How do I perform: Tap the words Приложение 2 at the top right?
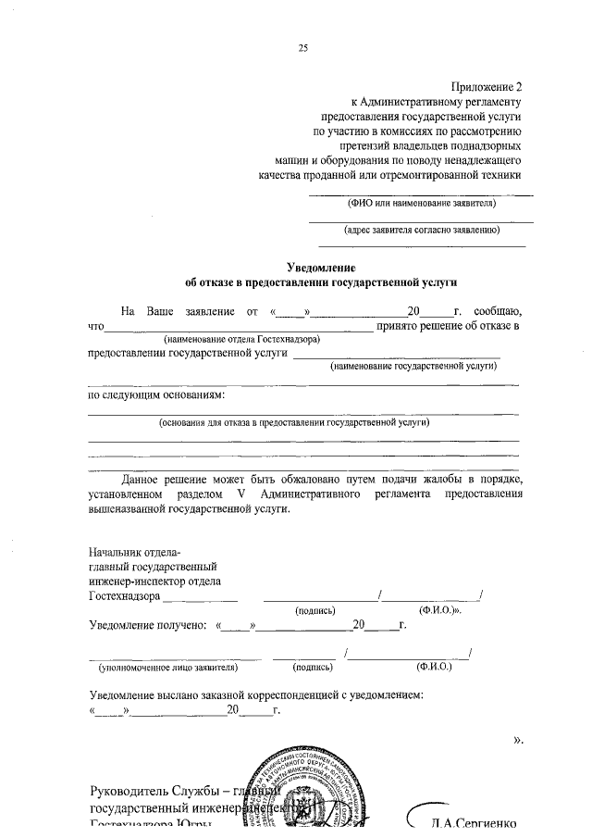point(487,83)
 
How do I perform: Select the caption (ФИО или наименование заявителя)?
point(421,203)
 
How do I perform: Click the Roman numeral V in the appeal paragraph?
point(240,494)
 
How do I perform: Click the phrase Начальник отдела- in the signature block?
point(129,554)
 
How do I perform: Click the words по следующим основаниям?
point(154,395)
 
